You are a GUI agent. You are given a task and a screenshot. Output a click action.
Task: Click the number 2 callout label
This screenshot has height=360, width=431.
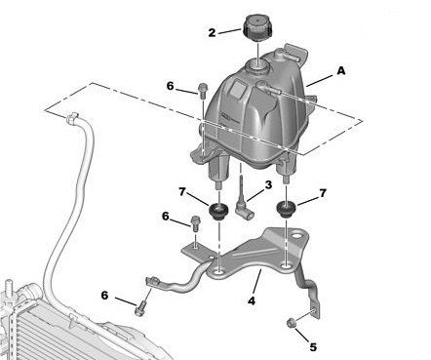point(212,32)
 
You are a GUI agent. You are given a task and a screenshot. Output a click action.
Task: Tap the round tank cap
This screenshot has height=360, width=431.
point(257,27)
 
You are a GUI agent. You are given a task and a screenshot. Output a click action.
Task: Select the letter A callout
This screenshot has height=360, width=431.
point(340,70)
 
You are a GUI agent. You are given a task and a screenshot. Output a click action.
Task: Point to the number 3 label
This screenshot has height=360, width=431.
point(268,185)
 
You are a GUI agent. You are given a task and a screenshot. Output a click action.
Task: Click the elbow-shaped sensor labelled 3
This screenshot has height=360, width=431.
point(242,205)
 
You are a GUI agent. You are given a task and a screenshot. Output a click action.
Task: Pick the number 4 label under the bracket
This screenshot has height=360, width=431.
point(252,301)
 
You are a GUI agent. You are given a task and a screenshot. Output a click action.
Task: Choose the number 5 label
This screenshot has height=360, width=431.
point(313,347)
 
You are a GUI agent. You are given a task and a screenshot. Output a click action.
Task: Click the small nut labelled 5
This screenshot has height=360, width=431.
point(291,323)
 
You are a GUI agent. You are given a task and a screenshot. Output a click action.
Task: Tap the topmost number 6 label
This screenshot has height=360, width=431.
point(171,86)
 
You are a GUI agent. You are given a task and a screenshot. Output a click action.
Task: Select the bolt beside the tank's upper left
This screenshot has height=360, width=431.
point(202,91)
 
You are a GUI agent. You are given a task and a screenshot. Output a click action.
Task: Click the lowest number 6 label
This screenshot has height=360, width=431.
point(104,296)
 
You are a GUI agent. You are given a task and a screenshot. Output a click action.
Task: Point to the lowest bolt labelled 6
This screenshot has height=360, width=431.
point(140,308)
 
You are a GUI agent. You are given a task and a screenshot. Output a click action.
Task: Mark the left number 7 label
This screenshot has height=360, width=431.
point(182,192)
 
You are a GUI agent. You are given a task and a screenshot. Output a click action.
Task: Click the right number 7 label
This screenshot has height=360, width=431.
point(323,193)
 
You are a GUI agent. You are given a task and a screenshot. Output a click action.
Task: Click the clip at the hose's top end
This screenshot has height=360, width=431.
point(72,118)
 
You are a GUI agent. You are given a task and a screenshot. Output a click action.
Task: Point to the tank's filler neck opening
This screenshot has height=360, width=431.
point(256,65)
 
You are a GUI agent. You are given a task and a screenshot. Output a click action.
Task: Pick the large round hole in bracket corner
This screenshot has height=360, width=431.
point(296,236)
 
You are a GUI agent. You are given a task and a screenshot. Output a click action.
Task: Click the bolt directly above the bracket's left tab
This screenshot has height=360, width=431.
point(195,223)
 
